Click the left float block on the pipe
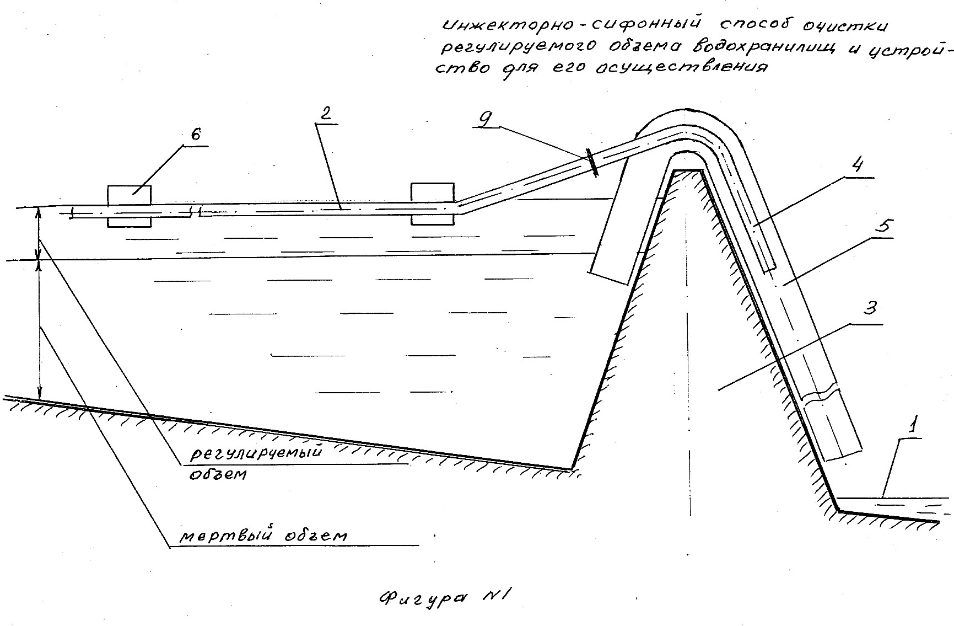pos(128,206)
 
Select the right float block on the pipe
pos(432,204)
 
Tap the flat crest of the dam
pos(687,170)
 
